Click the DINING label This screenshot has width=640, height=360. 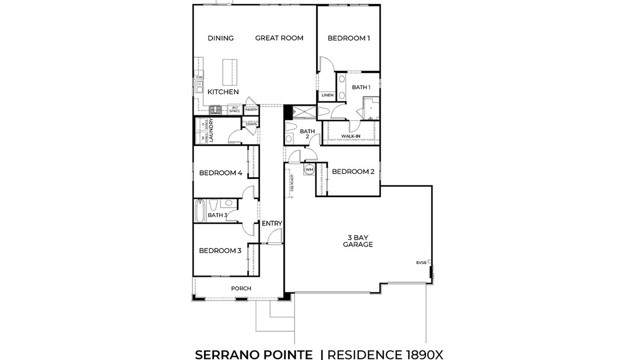click(221, 39)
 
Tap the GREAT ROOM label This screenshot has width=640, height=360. click(279, 39)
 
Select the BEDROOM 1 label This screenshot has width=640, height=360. click(349, 39)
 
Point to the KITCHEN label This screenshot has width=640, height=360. click(223, 92)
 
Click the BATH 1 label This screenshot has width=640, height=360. click(361, 88)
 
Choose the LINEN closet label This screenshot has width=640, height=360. click(327, 96)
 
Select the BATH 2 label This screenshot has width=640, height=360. click(308, 134)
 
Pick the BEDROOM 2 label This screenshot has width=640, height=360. click(353, 172)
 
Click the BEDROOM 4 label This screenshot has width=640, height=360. click(220, 173)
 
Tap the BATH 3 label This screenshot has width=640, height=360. click(217, 215)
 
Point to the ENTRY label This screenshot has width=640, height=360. click(271, 223)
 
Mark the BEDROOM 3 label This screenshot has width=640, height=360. click(220, 250)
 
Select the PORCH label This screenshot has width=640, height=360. click(241, 289)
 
